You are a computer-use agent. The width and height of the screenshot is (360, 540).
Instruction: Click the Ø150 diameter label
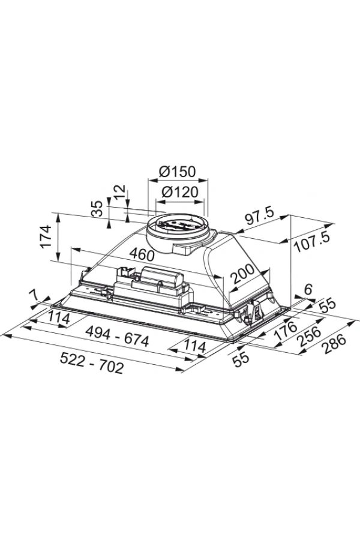pyautogui.click(x=178, y=171)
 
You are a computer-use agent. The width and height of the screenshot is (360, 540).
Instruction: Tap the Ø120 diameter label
pyautogui.click(x=180, y=192)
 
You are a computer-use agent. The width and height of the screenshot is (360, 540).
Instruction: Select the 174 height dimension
pyautogui.click(x=45, y=236)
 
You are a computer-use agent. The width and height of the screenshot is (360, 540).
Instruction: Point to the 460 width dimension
pyautogui.click(x=142, y=254)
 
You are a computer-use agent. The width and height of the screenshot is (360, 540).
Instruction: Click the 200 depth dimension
pyautogui.click(x=242, y=274)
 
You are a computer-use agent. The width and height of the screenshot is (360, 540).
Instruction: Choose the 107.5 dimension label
pyautogui.click(x=313, y=242)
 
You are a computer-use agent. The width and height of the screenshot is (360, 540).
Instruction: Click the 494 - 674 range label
pyautogui.click(x=117, y=337)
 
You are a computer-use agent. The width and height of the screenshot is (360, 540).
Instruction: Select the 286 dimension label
pyautogui.click(x=334, y=344)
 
